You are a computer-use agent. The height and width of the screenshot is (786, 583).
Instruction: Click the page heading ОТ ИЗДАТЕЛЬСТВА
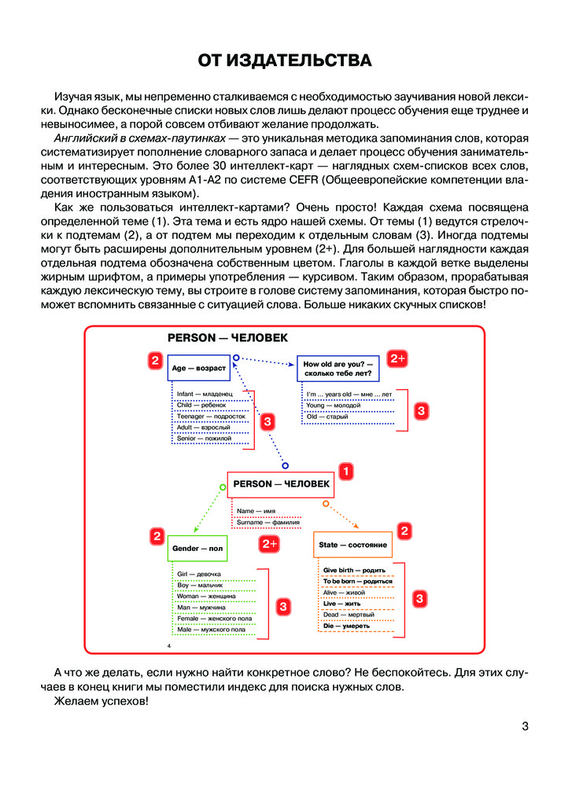click(x=290, y=61)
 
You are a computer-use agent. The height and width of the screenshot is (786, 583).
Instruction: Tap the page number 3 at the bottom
click(x=525, y=726)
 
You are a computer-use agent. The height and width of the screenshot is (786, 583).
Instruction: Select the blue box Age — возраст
click(x=198, y=368)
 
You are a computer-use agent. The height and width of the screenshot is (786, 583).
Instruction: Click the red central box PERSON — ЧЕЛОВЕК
click(x=281, y=484)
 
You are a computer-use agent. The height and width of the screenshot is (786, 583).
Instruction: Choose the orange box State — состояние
click(x=352, y=545)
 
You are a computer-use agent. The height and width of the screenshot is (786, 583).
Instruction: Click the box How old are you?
click(x=338, y=368)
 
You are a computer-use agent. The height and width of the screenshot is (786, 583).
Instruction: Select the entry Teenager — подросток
click(x=211, y=416)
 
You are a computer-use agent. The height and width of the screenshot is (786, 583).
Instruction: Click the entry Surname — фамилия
click(x=268, y=522)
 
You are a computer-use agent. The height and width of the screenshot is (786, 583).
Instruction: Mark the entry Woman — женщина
click(x=202, y=596)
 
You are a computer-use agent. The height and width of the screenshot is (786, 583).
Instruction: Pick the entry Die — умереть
click(x=346, y=626)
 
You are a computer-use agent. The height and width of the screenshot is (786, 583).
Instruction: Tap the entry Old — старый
click(x=322, y=416)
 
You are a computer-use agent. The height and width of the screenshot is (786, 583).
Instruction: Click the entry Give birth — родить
click(x=353, y=570)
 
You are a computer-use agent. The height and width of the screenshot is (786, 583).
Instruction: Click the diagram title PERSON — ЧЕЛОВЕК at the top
click(x=227, y=337)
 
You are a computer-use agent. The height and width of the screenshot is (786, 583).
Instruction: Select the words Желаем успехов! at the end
click(x=101, y=701)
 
